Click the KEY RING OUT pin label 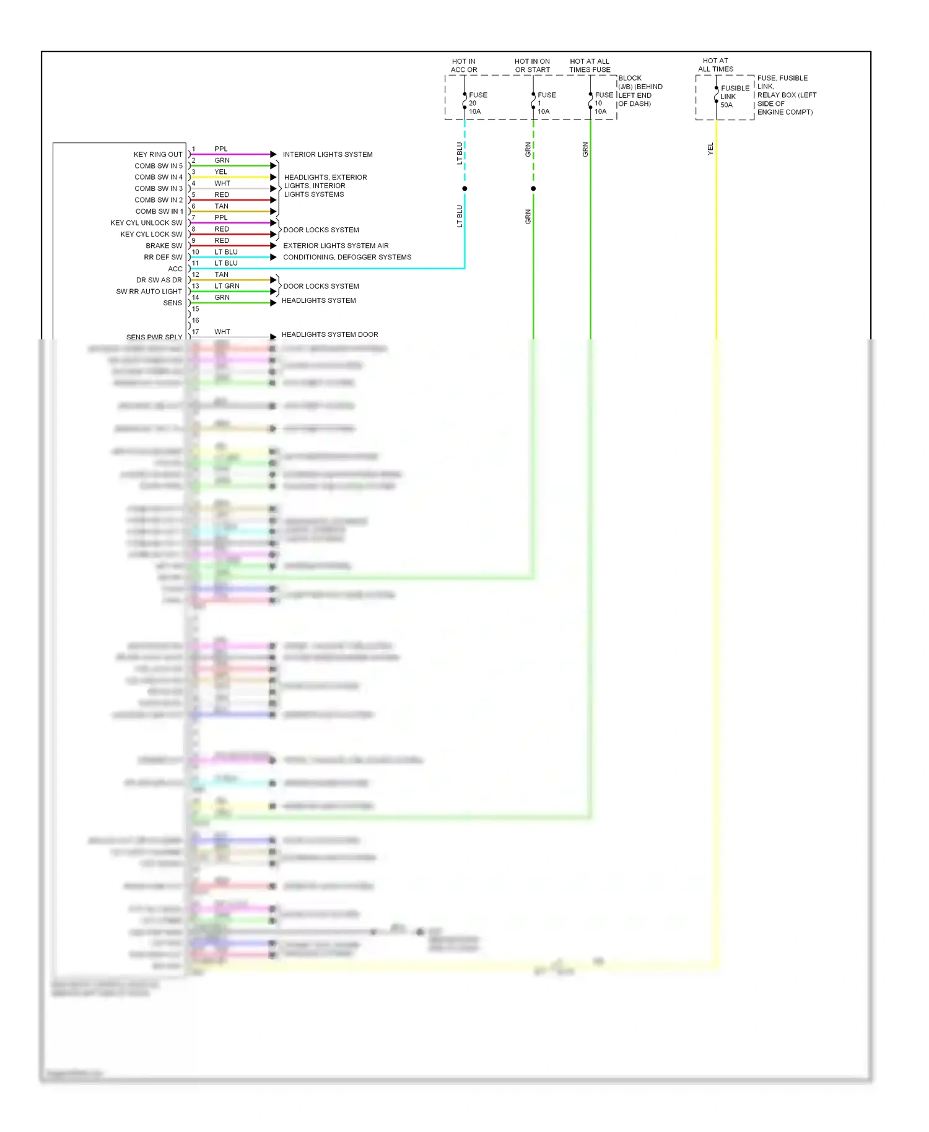(x=158, y=154)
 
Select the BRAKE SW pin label (x=164, y=246)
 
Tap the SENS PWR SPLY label (x=154, y=337)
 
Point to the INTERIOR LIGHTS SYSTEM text (x=328, y=154)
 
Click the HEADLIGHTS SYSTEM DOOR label (x=329, y=334)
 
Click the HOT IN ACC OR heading (x=464, y=66)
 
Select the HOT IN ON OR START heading (x=532, y=66)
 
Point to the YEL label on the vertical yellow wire (x=710, y=149)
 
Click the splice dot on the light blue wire (x=464, y=188)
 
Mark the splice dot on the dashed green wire (x=533, y=188)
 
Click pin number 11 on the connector (x=196, y=263)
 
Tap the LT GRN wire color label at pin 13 (x=227, y=286)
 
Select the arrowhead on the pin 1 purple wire (x=273, y=154)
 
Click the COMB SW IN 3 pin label (x=159, y=188)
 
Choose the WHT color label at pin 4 (x=222, y=183)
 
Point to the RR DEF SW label (x=163, y=257)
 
